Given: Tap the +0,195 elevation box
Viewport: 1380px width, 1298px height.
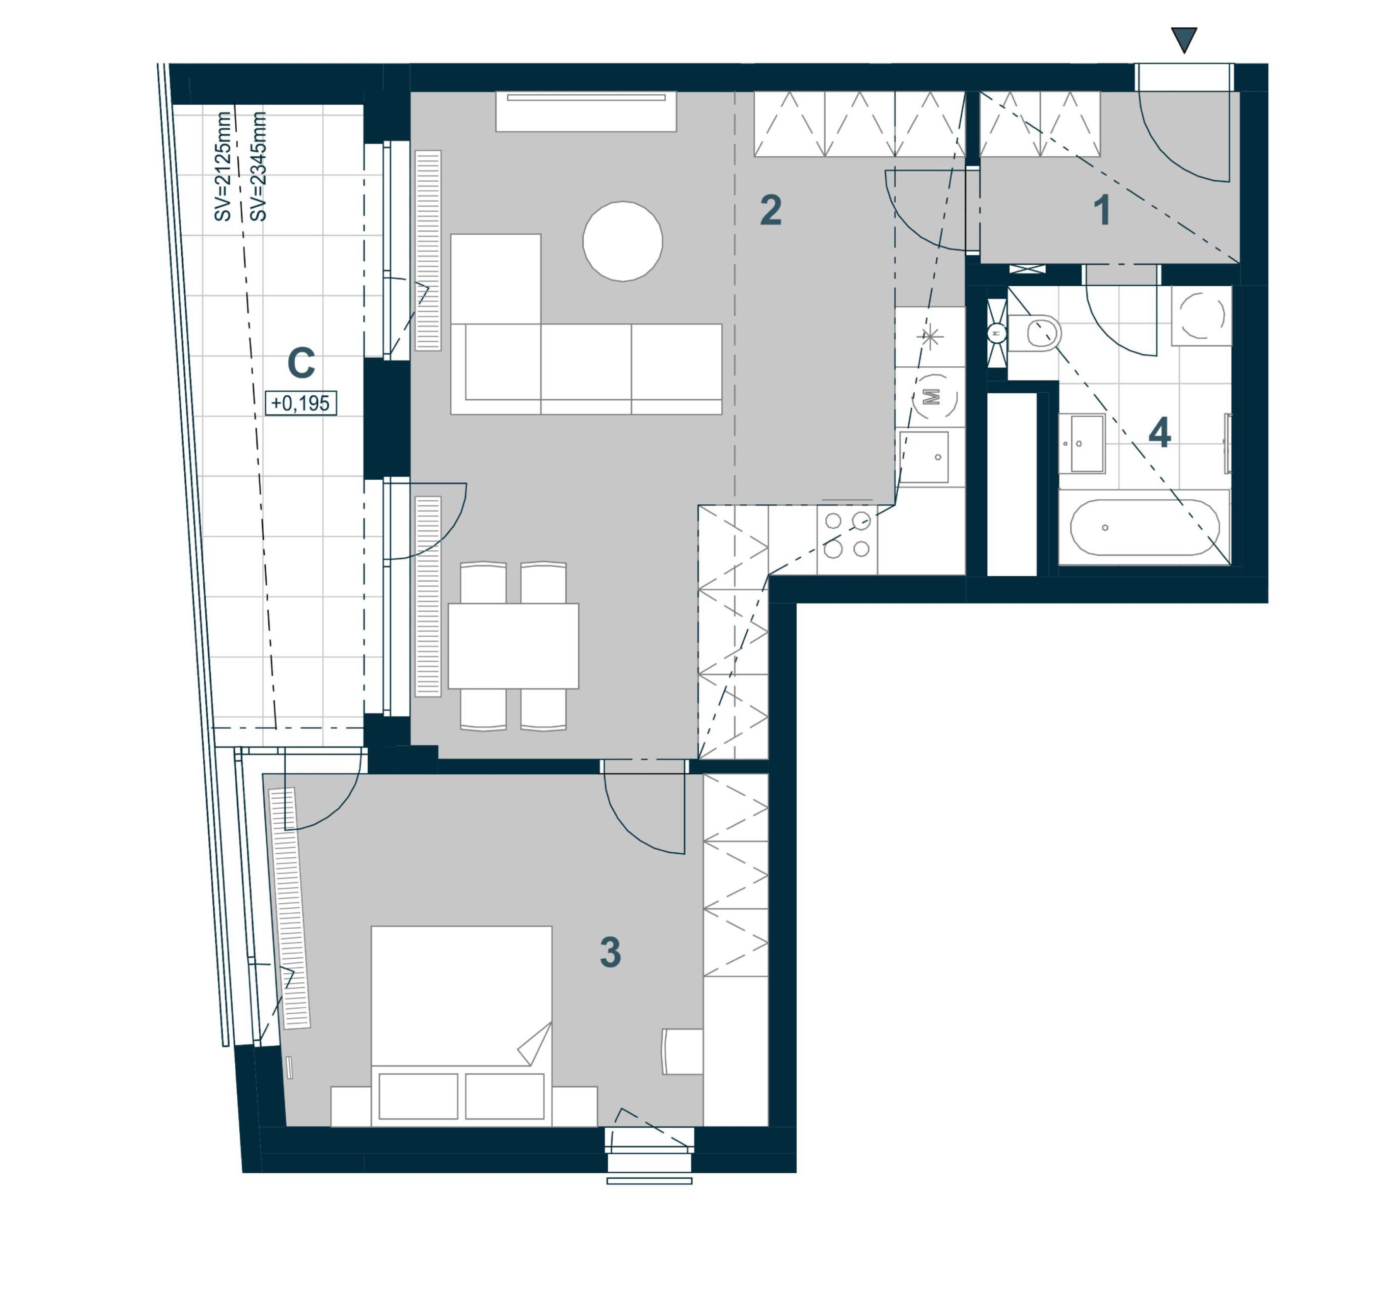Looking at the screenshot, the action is click(x=301, y=403).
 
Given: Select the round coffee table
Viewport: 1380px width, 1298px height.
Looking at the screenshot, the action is click(x=623, y=241).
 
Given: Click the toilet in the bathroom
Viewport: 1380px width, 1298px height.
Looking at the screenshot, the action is click(x=1034, y=334).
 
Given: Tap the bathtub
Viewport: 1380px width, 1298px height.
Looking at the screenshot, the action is click(x=1144, y=527).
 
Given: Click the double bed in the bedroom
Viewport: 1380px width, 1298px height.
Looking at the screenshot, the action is click(x=462, y=1026).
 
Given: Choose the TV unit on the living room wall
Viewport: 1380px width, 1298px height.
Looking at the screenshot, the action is click(x=586, y=111).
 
